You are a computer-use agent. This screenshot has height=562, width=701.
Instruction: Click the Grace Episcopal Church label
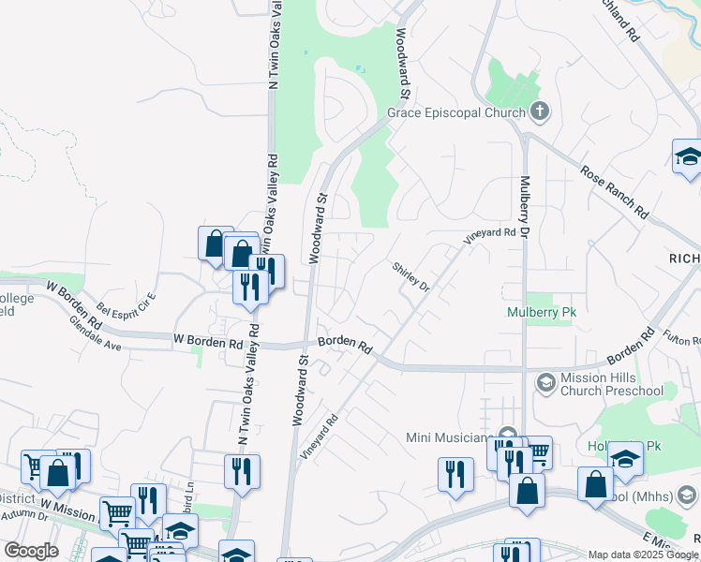[x=455, y=114]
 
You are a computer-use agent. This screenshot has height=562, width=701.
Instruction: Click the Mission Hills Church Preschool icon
[x=545, y=382]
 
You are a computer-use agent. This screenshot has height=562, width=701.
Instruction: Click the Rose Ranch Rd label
[x=615, y=193]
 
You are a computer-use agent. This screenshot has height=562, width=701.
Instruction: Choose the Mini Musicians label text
[x=447, y=437]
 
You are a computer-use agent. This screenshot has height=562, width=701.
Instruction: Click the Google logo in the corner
[x=32, y=550]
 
